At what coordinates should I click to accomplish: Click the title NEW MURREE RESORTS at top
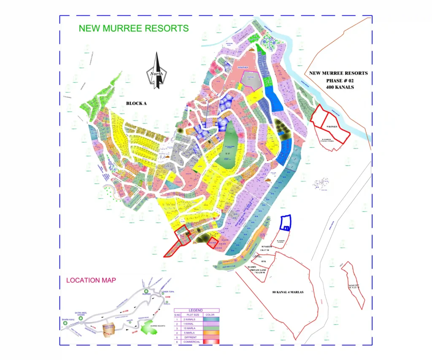pyautogui.click(x=134, y=29)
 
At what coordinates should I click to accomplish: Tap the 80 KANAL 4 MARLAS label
pyautogui.click(x=288, y=292)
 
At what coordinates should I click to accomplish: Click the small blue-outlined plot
pyautogui.click(x=286, y=222)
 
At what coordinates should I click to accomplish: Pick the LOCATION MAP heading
pyautogui.click(x=91, y=280)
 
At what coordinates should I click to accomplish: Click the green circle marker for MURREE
pyautogui.click(x=146, y=292)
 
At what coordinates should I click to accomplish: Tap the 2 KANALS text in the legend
pyautogui.click(x=191, y=319)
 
